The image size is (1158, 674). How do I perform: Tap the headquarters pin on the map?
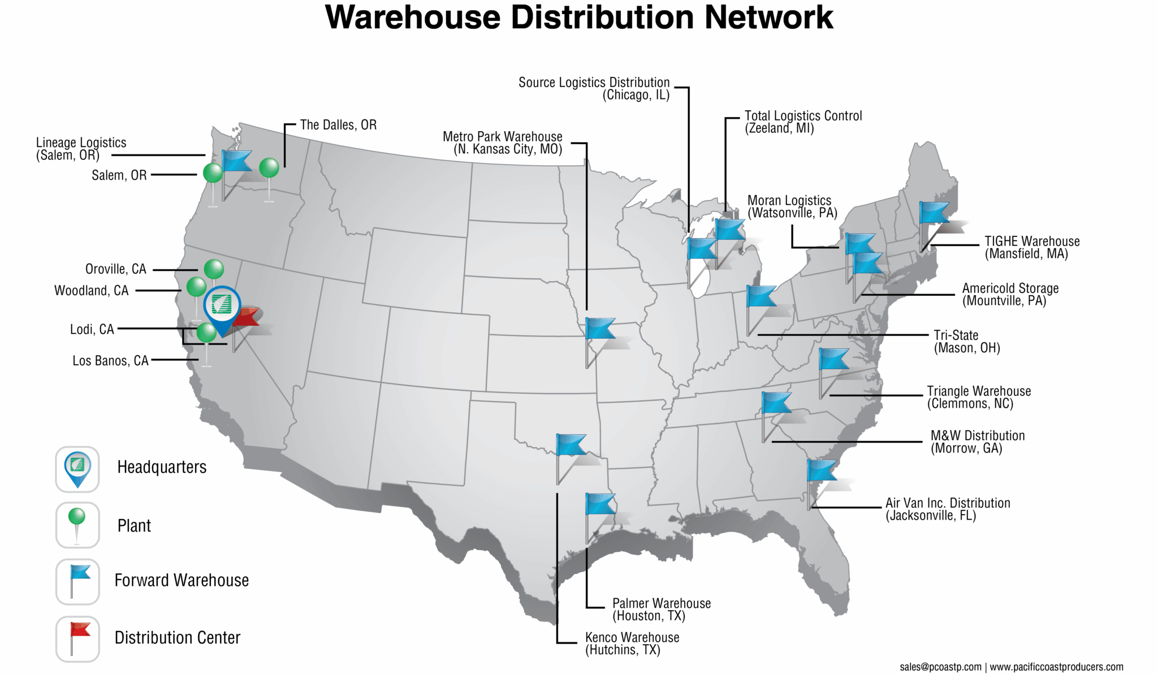click(222, 306)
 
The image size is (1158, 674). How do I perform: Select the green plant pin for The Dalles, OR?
click(269, 168)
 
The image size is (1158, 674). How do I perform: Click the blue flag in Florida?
click(820, 470)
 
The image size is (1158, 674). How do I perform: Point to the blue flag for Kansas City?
click(599, 329)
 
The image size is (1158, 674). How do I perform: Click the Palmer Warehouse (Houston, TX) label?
click(661, 610)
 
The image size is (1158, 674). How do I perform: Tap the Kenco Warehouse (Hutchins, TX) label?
click(632, 643)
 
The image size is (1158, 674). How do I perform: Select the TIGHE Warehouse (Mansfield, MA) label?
click(1031, 248)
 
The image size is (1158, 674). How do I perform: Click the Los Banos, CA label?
click(110, 361)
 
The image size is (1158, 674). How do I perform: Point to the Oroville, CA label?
click(115, 269)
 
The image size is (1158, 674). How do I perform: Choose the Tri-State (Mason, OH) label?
click(966, 342)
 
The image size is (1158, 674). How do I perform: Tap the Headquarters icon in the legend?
click(77, 469)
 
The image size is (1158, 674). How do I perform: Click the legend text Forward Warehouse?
click(182, 581)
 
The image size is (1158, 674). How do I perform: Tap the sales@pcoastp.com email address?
click(940, 667)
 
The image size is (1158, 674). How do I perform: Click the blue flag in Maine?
click(934, 213)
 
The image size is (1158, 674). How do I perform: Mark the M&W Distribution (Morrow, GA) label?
click(977, 442)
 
